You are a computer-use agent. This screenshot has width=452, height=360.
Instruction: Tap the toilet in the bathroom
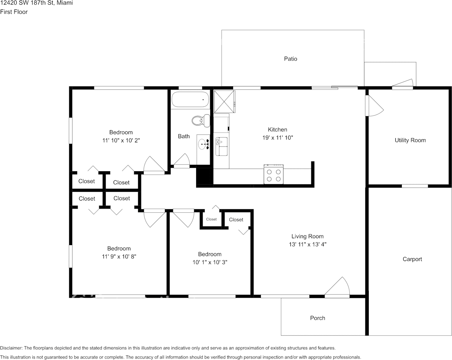point(201,120)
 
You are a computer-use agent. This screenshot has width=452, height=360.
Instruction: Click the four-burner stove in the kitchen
point(274,175)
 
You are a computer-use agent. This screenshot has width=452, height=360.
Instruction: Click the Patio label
point(290,59)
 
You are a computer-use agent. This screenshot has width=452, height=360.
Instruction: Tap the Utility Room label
point(410,140)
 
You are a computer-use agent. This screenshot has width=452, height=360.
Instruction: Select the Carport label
point(412,259)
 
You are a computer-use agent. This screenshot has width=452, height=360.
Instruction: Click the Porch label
point(317,318)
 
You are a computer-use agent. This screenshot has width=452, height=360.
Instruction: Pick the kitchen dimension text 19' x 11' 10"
point(278,137)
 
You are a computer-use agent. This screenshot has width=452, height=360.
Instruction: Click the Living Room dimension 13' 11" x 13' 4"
point(308,244)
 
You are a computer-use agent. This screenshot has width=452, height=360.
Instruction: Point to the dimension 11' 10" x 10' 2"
point(121,140)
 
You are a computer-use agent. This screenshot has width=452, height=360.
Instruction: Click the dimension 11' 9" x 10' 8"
point(119,256)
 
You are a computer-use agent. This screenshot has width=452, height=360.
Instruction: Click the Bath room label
point(184,136)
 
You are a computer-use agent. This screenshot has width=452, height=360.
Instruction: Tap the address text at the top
point(36,3)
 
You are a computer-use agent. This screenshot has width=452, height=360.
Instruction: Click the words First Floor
point(14,12)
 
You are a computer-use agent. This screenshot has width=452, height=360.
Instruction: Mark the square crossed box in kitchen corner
point(224,102)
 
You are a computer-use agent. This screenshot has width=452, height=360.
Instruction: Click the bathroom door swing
point(182,161)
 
